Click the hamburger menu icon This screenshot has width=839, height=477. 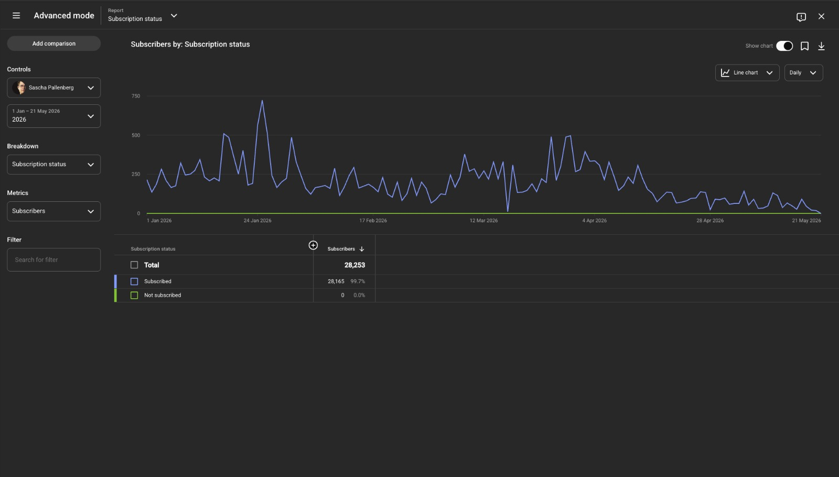pyautogui.click(x=16, y=16)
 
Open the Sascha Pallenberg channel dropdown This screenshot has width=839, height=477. pyautogui.click(x=53, y=88)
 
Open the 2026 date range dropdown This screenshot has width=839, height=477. pyautogui.click(x=53, y=116)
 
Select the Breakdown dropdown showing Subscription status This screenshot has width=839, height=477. pyautogui.click(x=53, y=165)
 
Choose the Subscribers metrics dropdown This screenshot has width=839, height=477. pyautogui.click(x=53, y=211)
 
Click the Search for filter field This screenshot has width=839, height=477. pyautogui.click(x=53, y=260)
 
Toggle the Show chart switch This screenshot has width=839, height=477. pyautogui.click(x=784, y=46)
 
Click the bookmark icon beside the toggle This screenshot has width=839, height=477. pyautogui.click(x=804, y=46)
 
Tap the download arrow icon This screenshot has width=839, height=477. pyautogui.click(x=821, y=46)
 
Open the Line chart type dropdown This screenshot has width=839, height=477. pyautogui.click(x=747, y=73)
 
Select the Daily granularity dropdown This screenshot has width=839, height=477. pyautogui.click(x=803, y=73)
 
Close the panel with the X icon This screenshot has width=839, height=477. pyautogui.click(x=821, y=16)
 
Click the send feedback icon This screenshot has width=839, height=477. pyautogui.click(x=801, y=17)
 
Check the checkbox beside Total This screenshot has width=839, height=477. pyautogui.click(x=134, y=265)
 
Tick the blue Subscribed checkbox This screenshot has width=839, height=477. pyautogui.click(x=134, y=281)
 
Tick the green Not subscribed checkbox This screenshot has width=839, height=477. pyautogui.click(x=134, y=296)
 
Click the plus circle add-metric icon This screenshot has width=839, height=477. pyautogui.click(x=313, y=245)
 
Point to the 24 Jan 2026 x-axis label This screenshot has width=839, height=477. pyautogui.click(x=257, y=221)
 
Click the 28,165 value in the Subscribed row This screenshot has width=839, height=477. pyautogui.click(x=336, y=281)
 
